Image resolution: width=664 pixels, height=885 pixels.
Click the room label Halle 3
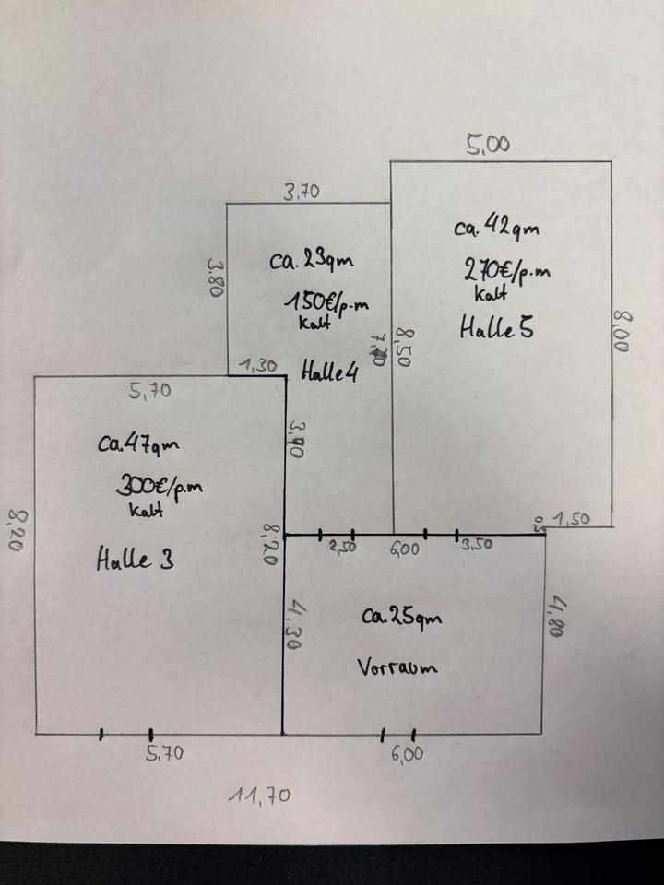point(135,559)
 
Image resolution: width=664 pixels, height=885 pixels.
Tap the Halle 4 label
point(328,372)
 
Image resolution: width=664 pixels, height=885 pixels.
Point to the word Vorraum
point(395,667)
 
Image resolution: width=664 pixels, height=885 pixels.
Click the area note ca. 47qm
point(138,443)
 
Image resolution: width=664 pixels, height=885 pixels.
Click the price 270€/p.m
point(506,271)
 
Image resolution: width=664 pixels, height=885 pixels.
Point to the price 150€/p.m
point(327,301)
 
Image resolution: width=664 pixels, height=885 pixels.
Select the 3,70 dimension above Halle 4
point(301,192)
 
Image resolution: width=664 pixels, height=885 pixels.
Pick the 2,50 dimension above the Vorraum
point(343,547)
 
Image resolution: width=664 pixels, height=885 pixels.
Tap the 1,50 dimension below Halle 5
point(572,520)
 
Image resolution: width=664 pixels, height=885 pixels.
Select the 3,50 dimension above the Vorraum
point(477,545)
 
